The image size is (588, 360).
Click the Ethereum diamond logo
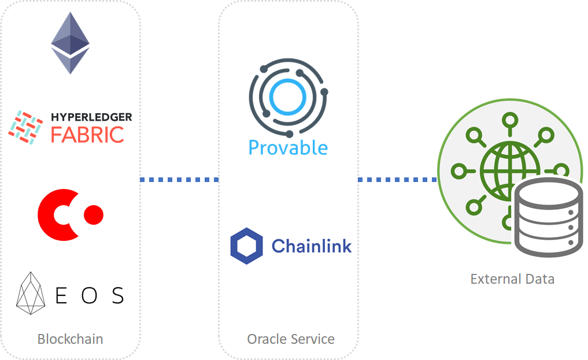[x=70, y=43]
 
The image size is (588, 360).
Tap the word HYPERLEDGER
[x=91, y=117]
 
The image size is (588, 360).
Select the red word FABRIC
[x=87, y=135]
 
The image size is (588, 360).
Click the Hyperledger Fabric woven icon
[x=25, y=127]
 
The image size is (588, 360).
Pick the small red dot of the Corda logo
[x=94, y=214]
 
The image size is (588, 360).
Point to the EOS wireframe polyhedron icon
[x=31, y=294]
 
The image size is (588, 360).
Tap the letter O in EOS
[x=89, y=295]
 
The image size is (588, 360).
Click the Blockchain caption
[x=70, y=339]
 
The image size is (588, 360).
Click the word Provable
[x=288, y=147]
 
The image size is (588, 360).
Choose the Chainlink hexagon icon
[x=246, y=246]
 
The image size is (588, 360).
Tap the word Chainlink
[x=312, y=246]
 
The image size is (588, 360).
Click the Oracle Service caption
[x=291, y=339]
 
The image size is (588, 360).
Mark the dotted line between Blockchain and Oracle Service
[x=179, y=180]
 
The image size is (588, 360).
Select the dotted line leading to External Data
[x=398, y=180]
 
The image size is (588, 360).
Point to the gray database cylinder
[x=548, y=217]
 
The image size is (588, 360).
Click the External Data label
[x=512, y=279]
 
